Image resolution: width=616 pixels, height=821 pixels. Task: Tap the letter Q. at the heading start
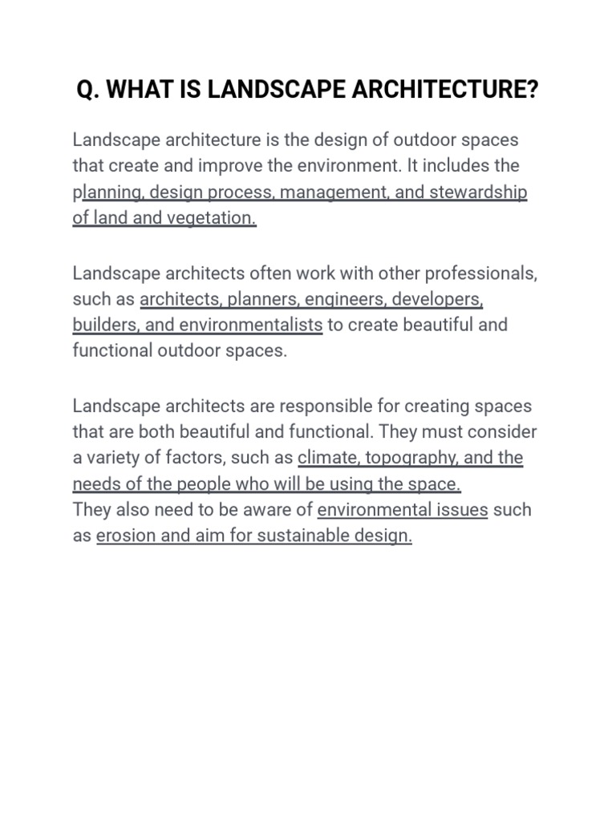[x=87, y=91]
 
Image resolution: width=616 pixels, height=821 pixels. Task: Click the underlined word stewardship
[x=478, y=192]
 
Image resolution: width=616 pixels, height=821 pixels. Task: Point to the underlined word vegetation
[x=211, y=217]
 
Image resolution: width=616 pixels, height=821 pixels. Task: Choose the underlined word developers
[x=437, y=299]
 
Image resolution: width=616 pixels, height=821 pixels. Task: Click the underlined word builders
[x=101, y=325]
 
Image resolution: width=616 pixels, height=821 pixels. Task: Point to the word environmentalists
[x=251, y=325]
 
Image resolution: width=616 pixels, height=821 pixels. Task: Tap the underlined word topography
[x=411, y=458]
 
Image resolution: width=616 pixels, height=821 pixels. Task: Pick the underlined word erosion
[x=124, y=536]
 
